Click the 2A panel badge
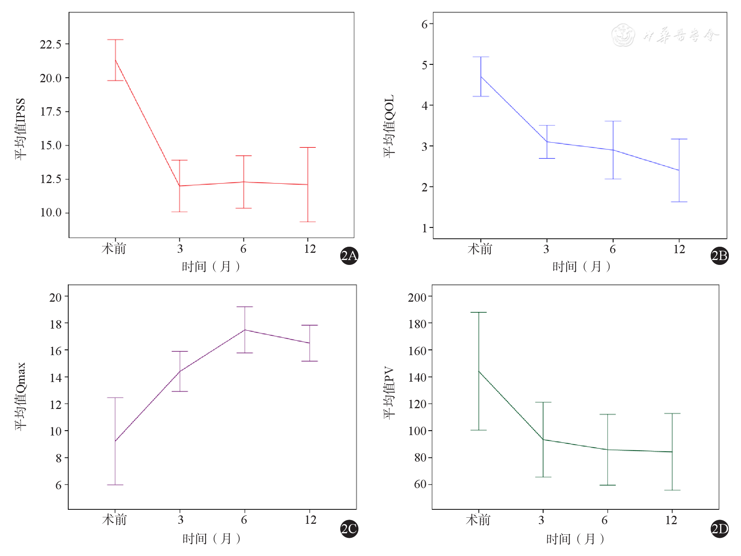coord(349,256)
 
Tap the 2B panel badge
coord(719,256)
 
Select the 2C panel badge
coord(349,528)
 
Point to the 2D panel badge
coord(719,528)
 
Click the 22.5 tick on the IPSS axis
coord(50,44)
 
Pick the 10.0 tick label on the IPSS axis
coord(50,213)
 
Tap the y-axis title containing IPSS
coord(20,129)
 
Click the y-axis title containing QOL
coord(389,126)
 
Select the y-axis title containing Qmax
coord(20,396)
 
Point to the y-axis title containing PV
coord(389,393)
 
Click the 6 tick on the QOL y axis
coord(424,24)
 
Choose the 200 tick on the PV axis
coord(417,298)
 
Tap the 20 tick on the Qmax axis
coord(56,298)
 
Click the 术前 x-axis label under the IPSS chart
coord(114,249)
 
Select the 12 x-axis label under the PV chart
coord(671,520)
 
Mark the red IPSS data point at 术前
coord(115,60)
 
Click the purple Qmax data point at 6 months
coord(245,330)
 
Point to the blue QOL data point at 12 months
coord(679,170)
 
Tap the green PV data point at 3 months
coord(543,440)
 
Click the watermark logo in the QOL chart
coord(623,35)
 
